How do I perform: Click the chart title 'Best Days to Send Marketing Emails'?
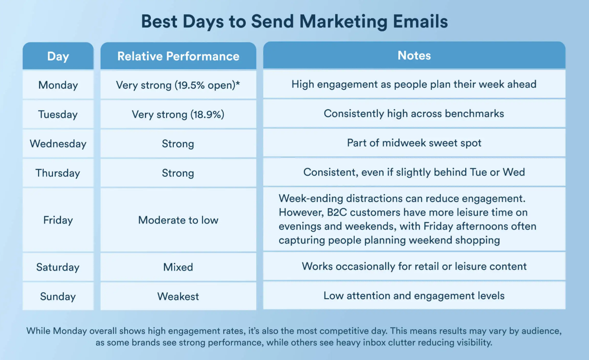(294, 21)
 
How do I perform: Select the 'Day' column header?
(58, 56)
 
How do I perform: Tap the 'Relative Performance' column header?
(178, 56)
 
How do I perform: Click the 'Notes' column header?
(414, 55)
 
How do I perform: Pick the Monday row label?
(58, 85)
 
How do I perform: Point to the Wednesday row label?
(58, 144)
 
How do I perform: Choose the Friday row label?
(58, 220)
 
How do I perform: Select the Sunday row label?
(58, 296)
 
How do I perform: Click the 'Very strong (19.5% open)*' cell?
(178, 85)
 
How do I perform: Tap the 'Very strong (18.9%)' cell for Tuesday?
(178, 114)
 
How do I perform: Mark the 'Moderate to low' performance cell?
(178, 220)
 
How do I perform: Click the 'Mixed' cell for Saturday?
(178, 267)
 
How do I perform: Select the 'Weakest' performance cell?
(178, 296)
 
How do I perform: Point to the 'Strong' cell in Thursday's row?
(178, 173)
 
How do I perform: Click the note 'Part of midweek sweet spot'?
(414, 143)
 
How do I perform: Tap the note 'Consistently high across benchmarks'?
(414, 114)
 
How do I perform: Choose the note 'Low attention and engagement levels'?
(414, 296)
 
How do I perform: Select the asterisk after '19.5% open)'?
(238, 83)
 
